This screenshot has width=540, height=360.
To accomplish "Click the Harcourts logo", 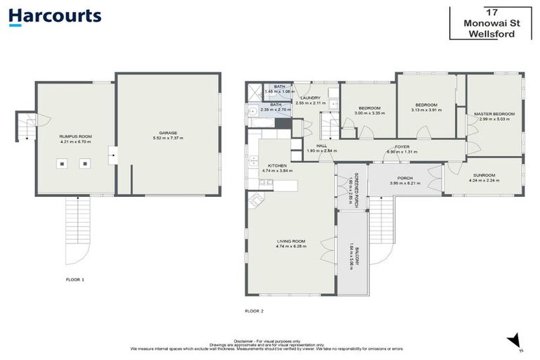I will point(55,16).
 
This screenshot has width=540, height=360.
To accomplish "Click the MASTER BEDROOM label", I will point(494,114).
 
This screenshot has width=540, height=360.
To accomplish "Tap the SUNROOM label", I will point(484,175).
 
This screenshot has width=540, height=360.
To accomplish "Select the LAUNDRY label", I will point(308,98).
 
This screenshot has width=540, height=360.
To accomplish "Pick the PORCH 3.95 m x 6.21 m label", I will point(404,181).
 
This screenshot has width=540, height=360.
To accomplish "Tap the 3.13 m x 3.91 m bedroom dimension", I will point(425,110).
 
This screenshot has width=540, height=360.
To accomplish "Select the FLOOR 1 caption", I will point(75,280).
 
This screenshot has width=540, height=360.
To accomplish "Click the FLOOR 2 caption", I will point(254,310).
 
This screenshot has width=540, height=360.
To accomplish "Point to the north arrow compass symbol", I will point(515,340).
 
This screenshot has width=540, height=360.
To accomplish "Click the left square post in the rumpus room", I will point(63,164).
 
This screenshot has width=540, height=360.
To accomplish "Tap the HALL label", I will point(322,146).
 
